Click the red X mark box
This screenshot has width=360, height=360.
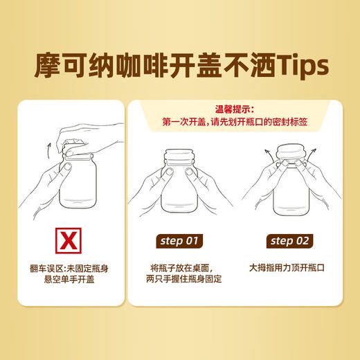67,240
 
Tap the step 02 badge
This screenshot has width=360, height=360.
290,241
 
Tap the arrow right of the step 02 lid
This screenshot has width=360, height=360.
315,150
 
